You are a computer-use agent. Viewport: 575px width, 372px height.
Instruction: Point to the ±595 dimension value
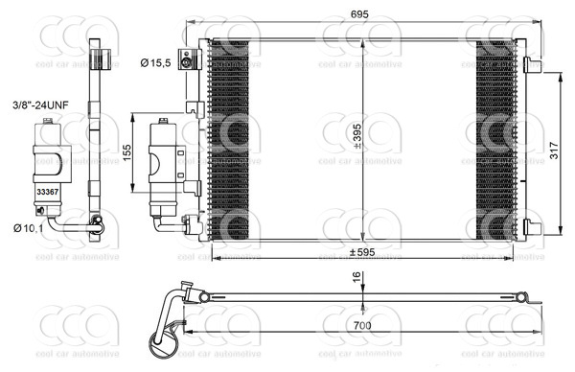359,253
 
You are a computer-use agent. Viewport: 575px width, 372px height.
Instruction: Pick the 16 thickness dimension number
356,278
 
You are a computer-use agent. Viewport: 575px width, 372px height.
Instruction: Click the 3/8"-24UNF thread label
41,103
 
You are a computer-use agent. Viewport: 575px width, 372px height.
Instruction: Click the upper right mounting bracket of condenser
532,64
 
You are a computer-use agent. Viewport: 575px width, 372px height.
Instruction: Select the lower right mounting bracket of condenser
532,227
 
